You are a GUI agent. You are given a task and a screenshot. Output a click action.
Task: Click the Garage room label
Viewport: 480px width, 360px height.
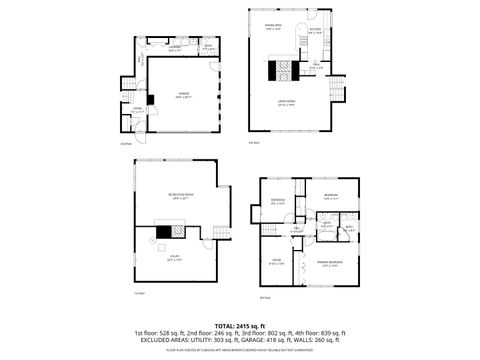click(x=183, y=96)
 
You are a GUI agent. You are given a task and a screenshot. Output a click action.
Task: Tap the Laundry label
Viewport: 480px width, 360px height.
click(x=174, y=47)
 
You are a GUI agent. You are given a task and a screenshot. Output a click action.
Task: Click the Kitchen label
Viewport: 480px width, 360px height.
click(x=314, y=30)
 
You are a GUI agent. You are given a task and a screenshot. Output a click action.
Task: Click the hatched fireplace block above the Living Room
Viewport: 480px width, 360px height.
click(x=288, y=70)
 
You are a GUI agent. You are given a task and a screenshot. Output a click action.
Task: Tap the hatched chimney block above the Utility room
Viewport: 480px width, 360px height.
click(x=176, y=230)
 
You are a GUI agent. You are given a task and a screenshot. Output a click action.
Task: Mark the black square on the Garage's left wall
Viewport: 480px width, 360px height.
click(x=149, y=98)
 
